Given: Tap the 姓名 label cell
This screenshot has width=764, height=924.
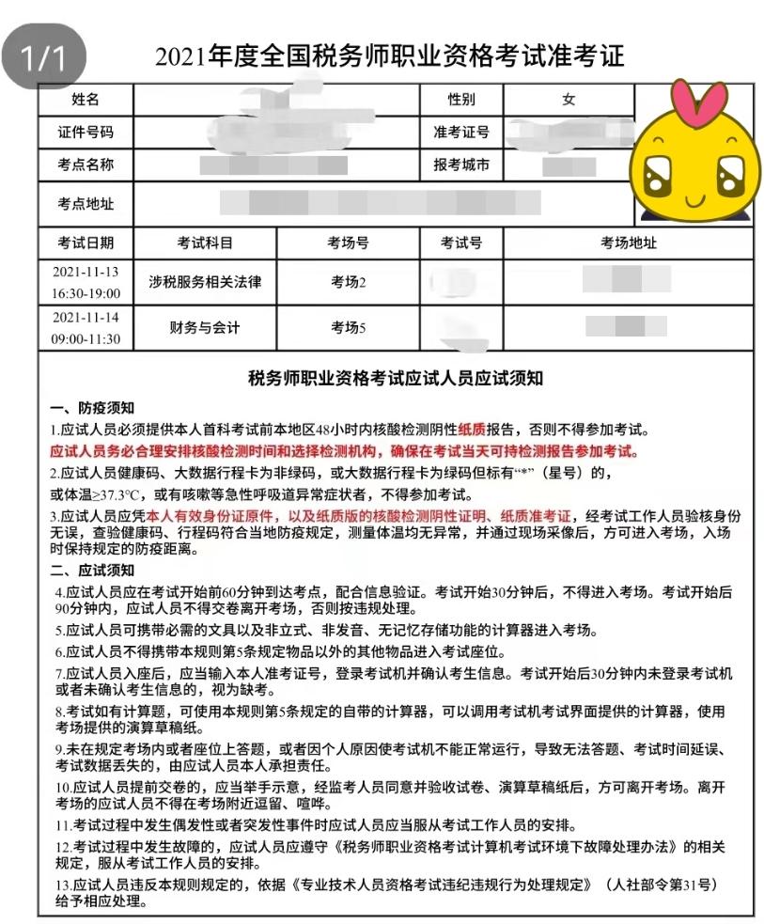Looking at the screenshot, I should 86,100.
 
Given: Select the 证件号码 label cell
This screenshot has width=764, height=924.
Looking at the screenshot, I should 86,133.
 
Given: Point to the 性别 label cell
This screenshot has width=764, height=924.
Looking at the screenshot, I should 461,100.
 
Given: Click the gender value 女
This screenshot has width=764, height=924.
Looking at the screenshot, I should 569,100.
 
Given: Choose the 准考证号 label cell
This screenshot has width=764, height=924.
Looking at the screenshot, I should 461,133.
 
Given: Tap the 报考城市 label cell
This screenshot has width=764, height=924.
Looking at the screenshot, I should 461,165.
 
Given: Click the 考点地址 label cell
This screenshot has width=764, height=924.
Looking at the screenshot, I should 86,203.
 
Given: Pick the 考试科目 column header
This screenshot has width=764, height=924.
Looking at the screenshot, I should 205,243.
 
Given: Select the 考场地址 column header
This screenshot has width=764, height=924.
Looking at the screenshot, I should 629,243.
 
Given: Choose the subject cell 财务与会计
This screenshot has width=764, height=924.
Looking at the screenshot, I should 205,328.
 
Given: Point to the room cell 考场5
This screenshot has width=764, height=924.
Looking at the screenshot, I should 348,328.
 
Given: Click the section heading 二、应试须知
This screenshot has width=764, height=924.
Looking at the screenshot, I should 92,571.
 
